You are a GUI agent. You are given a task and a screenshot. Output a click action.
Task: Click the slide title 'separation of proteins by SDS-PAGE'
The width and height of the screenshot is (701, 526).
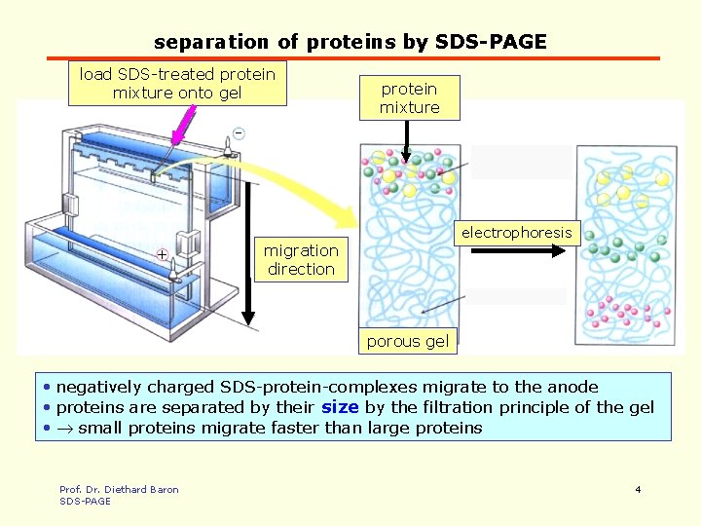(350, 42)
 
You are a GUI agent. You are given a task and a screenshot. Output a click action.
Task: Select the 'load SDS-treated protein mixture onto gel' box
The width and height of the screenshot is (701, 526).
(177, 84)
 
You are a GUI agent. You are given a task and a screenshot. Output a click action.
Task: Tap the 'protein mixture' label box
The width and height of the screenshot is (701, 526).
(409, 98)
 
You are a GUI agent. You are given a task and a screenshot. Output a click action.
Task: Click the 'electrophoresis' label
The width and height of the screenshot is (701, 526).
(517, 233)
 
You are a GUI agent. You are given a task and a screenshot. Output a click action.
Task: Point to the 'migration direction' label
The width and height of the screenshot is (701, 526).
(301, 260)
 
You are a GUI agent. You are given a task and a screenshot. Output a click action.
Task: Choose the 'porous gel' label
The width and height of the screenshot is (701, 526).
(407, 341)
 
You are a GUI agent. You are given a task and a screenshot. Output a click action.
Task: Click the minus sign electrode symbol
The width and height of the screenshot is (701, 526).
(238, 132)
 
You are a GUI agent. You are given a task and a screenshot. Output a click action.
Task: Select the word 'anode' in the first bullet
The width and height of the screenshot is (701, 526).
(572, 387)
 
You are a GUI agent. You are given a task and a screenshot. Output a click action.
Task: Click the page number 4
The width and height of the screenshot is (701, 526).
(638, 489)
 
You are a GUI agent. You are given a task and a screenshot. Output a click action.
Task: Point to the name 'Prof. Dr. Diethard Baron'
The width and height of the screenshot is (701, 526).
(119, 489)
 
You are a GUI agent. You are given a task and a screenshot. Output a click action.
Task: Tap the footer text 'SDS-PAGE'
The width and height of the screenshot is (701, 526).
(85, 501)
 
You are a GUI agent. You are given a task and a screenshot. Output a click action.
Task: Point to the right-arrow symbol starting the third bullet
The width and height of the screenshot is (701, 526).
(64, 428)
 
